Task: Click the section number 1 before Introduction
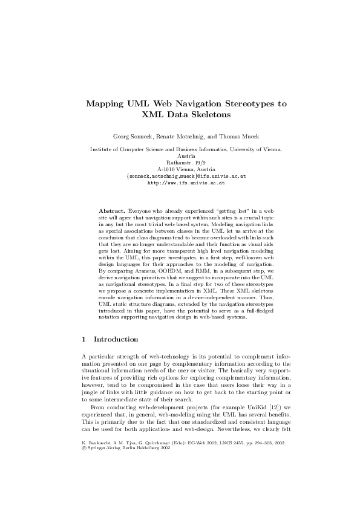pyautogui.click(x=83, y=340)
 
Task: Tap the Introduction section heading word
pyautogui.click(x=116, y=340)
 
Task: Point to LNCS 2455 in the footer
pyautogui.click(x=226, y=478)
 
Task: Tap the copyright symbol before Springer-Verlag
pyautogui.click(x=83, y=484)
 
